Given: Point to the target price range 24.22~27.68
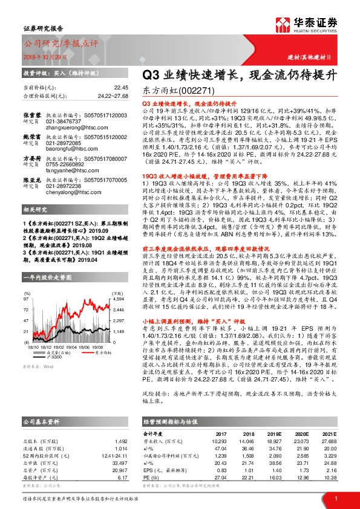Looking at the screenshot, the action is pos(113,96).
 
